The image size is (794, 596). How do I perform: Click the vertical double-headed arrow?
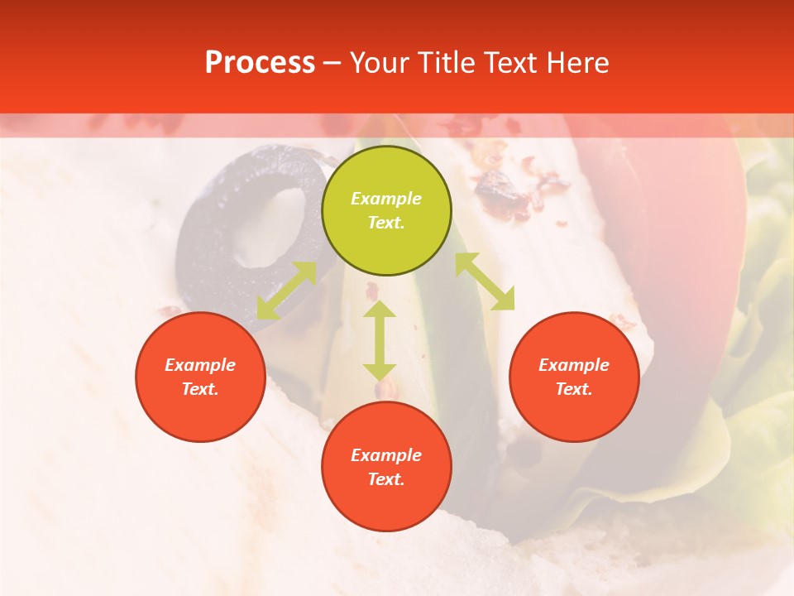(x=380, y=340)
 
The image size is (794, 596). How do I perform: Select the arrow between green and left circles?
(x=286, y=291)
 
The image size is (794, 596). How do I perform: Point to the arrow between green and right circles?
(x=485, y=281)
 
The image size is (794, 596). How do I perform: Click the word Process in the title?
(x=260, y=63)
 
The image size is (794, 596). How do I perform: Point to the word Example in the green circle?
(x=386, y=199)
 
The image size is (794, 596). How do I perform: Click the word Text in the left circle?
(x=200, y=389)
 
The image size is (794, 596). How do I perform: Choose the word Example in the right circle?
(x=574, y=365)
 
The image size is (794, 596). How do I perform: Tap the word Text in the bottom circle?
(x=386, y=479)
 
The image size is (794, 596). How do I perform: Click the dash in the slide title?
(x=332, y=63)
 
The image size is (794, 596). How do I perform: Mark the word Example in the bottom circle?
(x=386, y=455)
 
